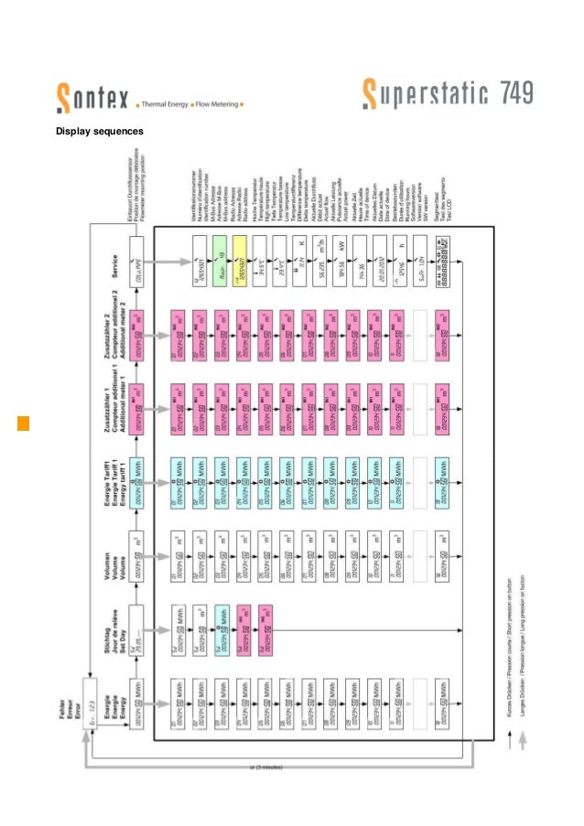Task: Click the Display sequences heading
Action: (100, 132)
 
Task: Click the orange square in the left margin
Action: (23, 424)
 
